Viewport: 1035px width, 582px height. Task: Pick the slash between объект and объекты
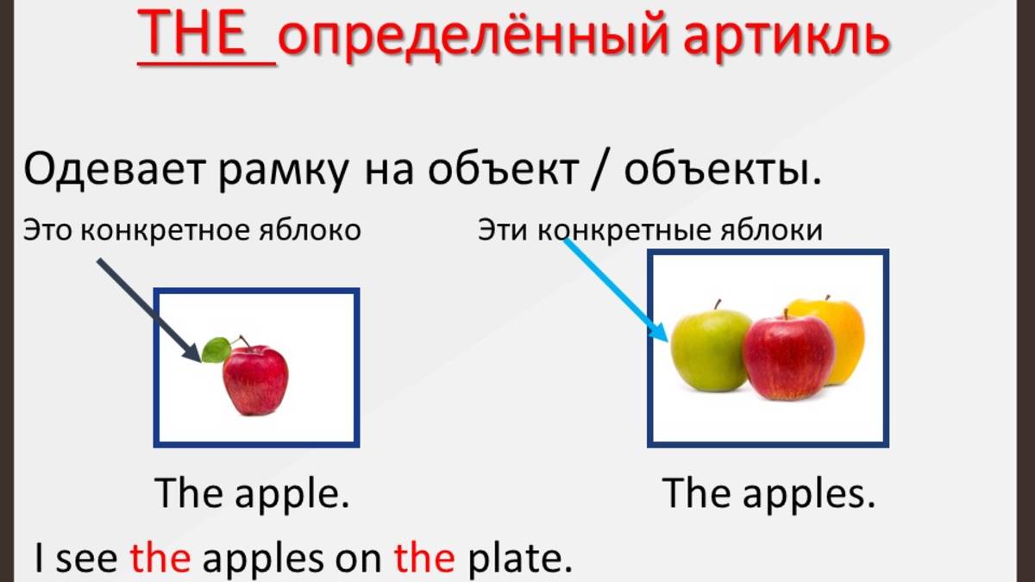pos(602,171)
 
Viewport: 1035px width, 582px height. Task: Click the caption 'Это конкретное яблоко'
pos(191,230)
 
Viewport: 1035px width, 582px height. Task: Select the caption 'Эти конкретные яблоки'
pos(650,230)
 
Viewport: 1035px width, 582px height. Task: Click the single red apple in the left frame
pos(255,380)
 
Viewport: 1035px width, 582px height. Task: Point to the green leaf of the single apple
pos(216,349)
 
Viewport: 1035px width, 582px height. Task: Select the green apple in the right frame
pos(711,349)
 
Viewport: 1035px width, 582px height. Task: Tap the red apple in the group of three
pos(788,357)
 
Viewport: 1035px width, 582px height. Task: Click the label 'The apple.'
pos(252,494)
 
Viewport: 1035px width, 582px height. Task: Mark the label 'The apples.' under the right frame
pos(768,494)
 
